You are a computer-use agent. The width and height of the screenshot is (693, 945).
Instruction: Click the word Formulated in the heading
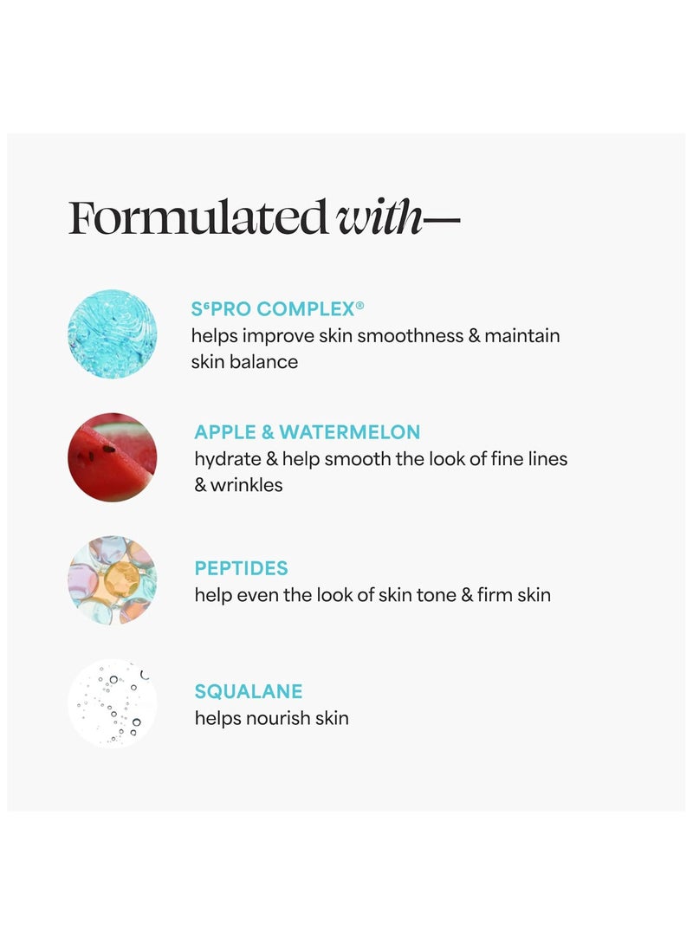tap(198, 219)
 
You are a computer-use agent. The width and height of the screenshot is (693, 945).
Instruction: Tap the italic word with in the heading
tap(379, 219)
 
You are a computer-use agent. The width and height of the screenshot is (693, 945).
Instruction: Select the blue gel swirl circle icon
tap(113, 333)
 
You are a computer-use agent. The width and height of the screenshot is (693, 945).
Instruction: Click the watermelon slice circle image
tap(113, 456)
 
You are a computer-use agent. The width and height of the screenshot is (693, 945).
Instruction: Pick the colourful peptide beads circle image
tap(113, 580)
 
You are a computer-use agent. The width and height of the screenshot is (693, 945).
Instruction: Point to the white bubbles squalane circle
tap(113, 703)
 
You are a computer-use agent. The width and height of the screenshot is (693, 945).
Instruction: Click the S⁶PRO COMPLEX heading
tap(273, 309)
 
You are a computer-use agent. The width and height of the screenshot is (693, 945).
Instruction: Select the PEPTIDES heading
tap(241, 569)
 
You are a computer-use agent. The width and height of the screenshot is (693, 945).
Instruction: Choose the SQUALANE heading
tap(249, 691)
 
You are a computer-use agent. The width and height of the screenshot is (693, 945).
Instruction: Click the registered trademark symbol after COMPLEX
tap(359, 305)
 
